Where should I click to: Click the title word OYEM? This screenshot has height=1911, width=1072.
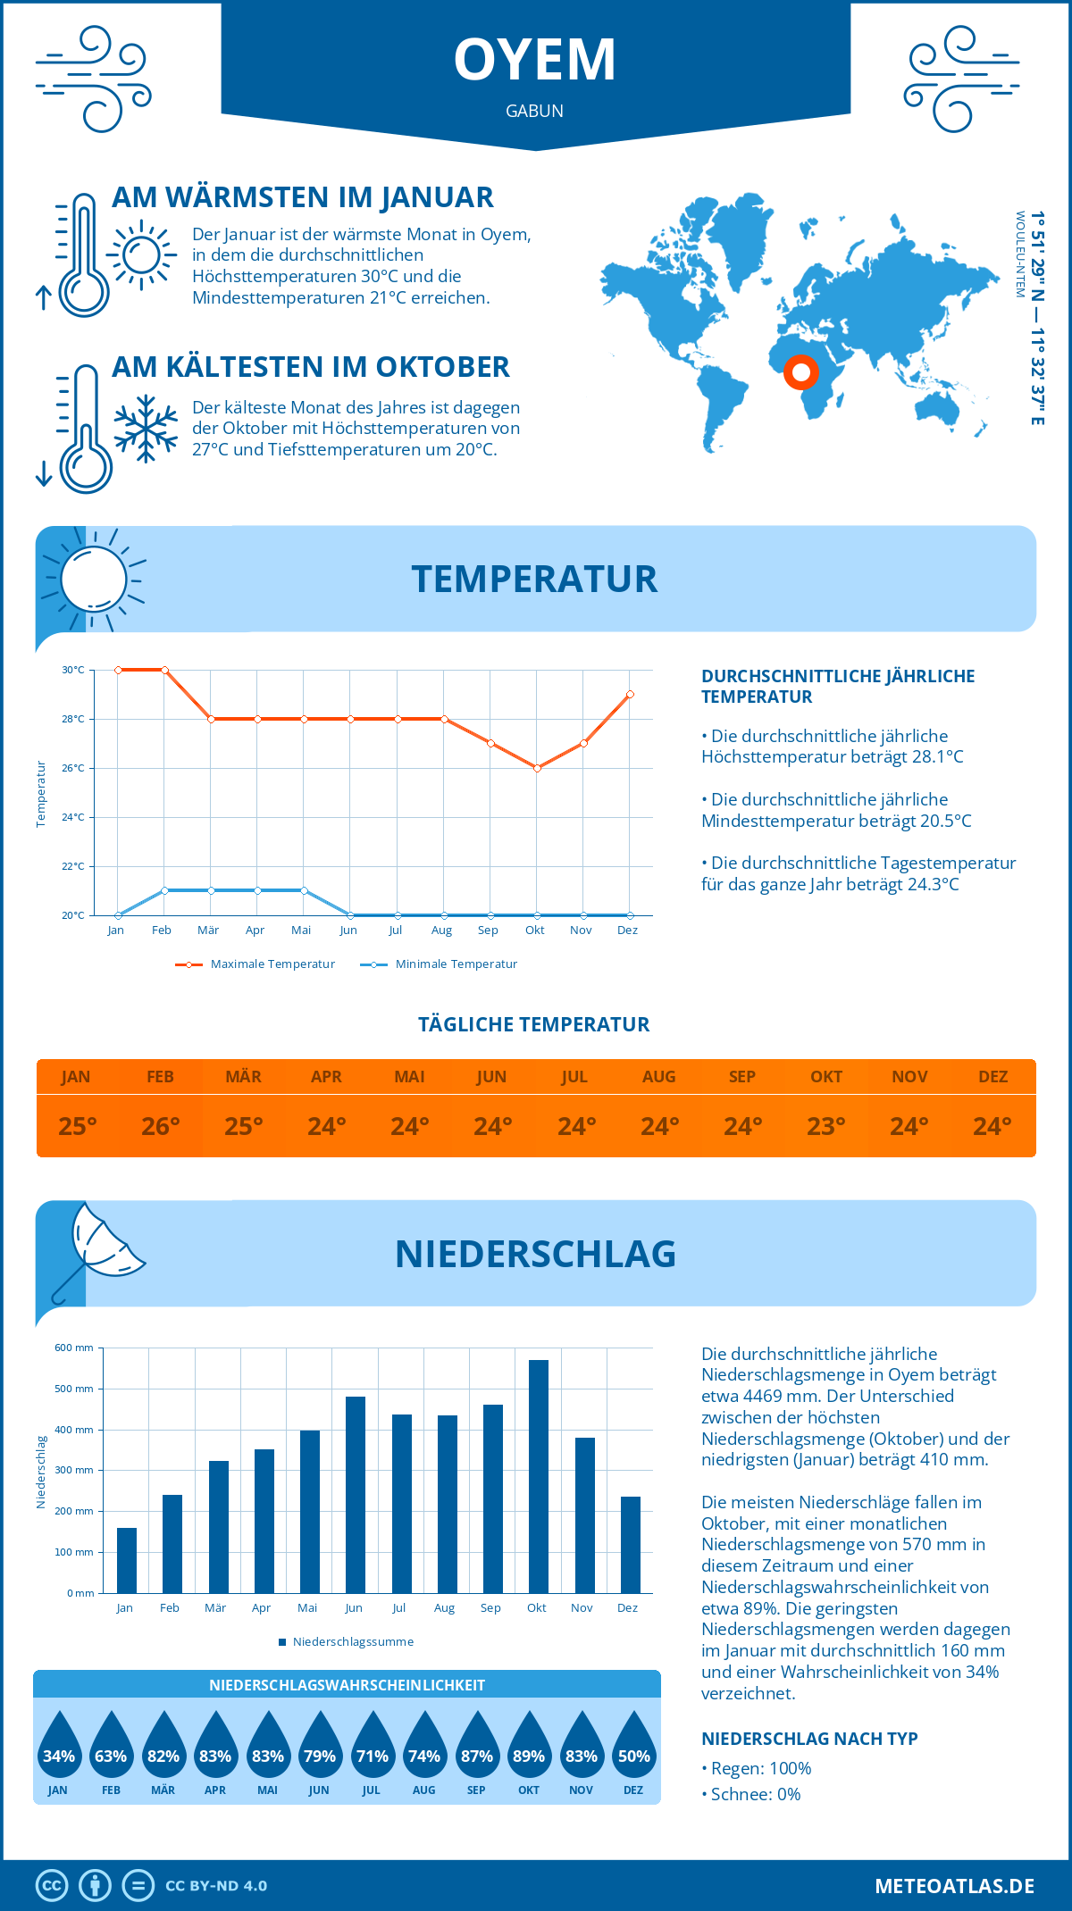point(534,61)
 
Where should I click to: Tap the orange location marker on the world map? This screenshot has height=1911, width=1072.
point(801,371)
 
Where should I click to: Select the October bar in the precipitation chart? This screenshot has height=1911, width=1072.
point(538,1476)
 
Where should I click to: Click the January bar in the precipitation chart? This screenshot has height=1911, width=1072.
point(127,1560)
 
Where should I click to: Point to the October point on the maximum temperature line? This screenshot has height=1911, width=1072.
point(537,768)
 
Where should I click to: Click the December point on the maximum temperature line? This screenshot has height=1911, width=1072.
point(630,694)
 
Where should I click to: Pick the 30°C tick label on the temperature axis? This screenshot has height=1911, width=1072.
point(73,670)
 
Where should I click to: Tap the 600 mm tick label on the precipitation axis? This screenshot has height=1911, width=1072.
point(74,1348)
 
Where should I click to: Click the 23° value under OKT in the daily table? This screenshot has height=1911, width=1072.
point(826,1126)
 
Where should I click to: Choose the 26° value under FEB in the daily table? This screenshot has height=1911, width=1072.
point(161,1126)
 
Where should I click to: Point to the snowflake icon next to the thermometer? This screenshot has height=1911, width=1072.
point(146,429)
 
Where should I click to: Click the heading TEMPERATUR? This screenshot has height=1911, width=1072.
point(534,579)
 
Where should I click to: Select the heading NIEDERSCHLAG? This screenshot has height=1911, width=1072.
point(535,1254)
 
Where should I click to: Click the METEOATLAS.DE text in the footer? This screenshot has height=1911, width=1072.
point(954,1886)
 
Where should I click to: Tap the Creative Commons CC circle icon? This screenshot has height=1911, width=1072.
point(52,1886)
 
